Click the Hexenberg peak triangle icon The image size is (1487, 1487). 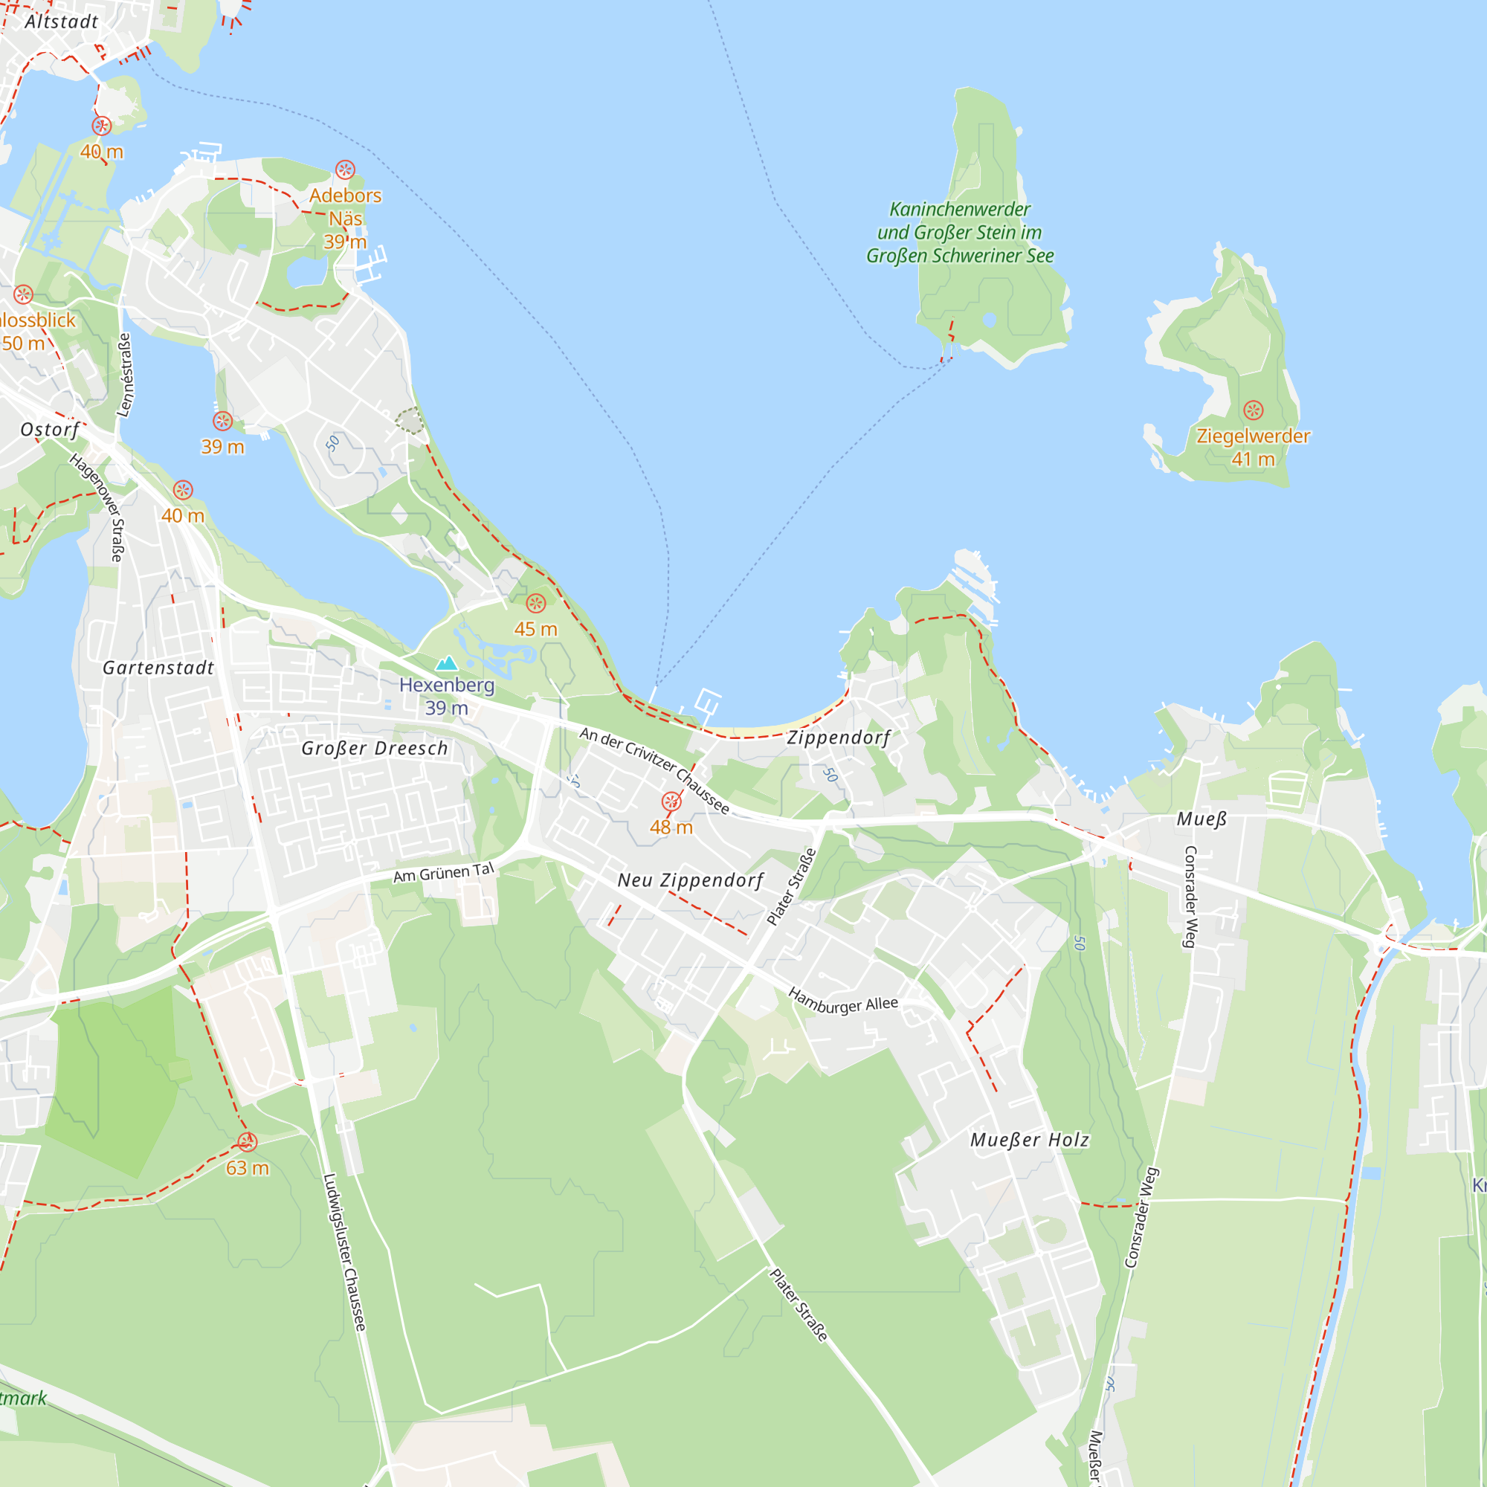coord(446,663)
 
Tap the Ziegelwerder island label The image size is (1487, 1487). coord(1252,436)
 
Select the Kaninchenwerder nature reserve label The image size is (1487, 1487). coord(959,233)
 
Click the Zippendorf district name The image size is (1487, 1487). coord(837,738)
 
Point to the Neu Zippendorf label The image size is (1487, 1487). coord(691,880)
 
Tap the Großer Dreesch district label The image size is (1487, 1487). coord(374,748)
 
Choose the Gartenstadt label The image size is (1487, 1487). coord(158,668)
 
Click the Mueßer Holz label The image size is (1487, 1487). coord(1029,1140)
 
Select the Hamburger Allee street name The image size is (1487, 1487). coord(843,1001)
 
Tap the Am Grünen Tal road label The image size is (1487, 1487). coord(443,873)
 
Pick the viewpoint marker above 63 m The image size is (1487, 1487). coord(246,1141)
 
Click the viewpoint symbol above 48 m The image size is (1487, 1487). coord(671,802)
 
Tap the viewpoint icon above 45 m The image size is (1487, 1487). coord(535,604)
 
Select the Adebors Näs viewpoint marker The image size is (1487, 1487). coord(345,170)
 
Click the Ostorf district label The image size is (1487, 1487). coord(50,430)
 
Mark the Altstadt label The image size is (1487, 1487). coord(62,22)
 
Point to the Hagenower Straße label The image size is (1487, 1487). coord(96,507)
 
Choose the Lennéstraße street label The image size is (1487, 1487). coord(125,375)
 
